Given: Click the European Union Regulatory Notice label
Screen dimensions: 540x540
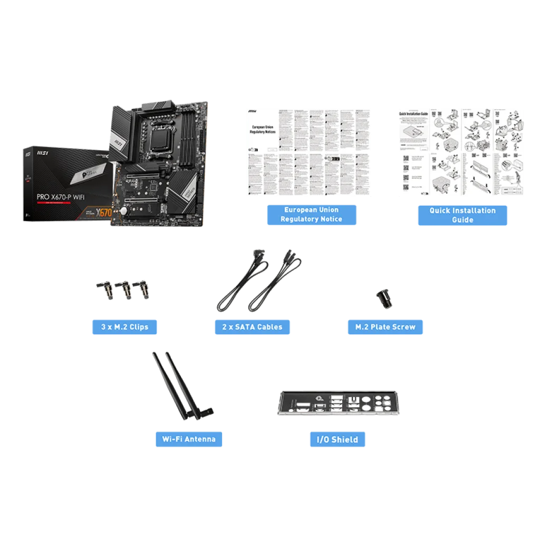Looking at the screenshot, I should click(312, 215).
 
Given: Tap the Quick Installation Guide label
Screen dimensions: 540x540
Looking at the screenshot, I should click(463, 215).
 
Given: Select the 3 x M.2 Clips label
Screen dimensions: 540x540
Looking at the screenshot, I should click(125, 327).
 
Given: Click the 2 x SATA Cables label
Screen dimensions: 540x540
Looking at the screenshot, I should click(252, 327).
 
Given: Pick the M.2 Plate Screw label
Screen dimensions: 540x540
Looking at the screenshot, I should click(385, 327).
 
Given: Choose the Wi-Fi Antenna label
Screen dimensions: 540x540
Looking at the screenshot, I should click(188, 439).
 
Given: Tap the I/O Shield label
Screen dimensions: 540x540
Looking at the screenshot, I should click(337, 439).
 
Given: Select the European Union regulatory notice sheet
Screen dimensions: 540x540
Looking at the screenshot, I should click(308, 152).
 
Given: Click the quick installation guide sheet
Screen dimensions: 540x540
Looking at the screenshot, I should click(461, 152).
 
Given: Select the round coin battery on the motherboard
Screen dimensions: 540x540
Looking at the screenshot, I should click(123, 210).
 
